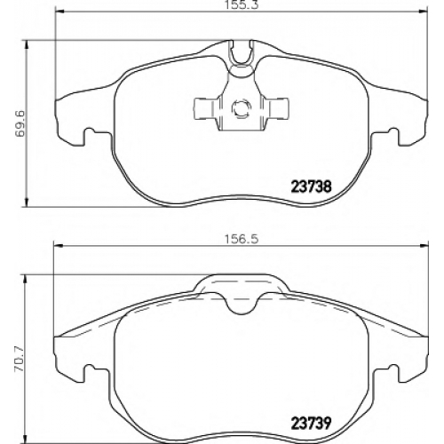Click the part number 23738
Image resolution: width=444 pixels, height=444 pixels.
point(312,186)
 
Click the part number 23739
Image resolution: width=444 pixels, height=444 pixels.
point(312,424)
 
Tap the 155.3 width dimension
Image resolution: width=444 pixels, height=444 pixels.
point(240,5)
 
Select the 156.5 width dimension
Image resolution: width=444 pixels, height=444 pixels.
point(240,239)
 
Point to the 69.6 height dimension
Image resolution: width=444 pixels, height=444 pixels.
point(20,123)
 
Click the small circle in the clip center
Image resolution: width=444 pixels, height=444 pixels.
point(241,109)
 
